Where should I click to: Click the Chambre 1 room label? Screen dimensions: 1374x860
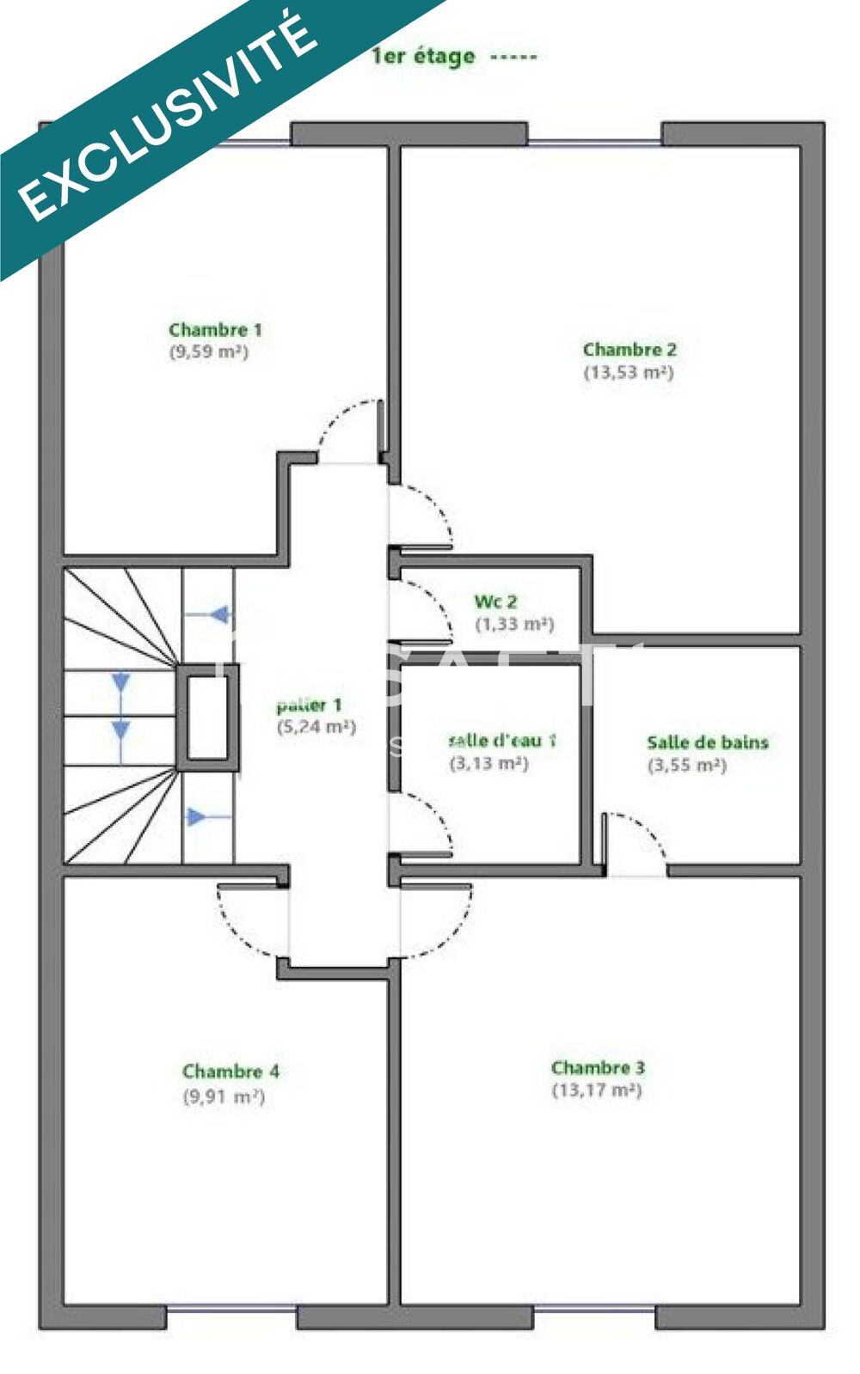(215, 330)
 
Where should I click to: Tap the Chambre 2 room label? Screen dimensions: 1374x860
(630, 350)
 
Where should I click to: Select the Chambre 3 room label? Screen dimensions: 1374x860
(598, 1068)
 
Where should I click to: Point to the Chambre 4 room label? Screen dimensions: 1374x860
(230, 1072)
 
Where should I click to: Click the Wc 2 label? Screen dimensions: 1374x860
(496, 602)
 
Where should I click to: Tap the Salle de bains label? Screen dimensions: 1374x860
(707, 742)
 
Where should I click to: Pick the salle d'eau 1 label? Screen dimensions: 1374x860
(502, 740)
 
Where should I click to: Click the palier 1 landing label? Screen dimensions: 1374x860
(310, 705)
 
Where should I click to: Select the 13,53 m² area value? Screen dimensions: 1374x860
(629, 372)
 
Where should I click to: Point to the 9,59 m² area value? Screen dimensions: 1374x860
(209, 351)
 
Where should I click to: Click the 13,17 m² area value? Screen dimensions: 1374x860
(597, 1090)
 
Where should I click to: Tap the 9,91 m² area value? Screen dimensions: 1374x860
(224, 1096)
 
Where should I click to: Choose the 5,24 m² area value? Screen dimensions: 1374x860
(316, 727)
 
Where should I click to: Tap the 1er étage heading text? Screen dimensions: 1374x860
(424, 57)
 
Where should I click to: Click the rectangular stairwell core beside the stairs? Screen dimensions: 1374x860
(207, 718)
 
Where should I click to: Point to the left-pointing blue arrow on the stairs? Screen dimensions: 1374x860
(220, 615)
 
